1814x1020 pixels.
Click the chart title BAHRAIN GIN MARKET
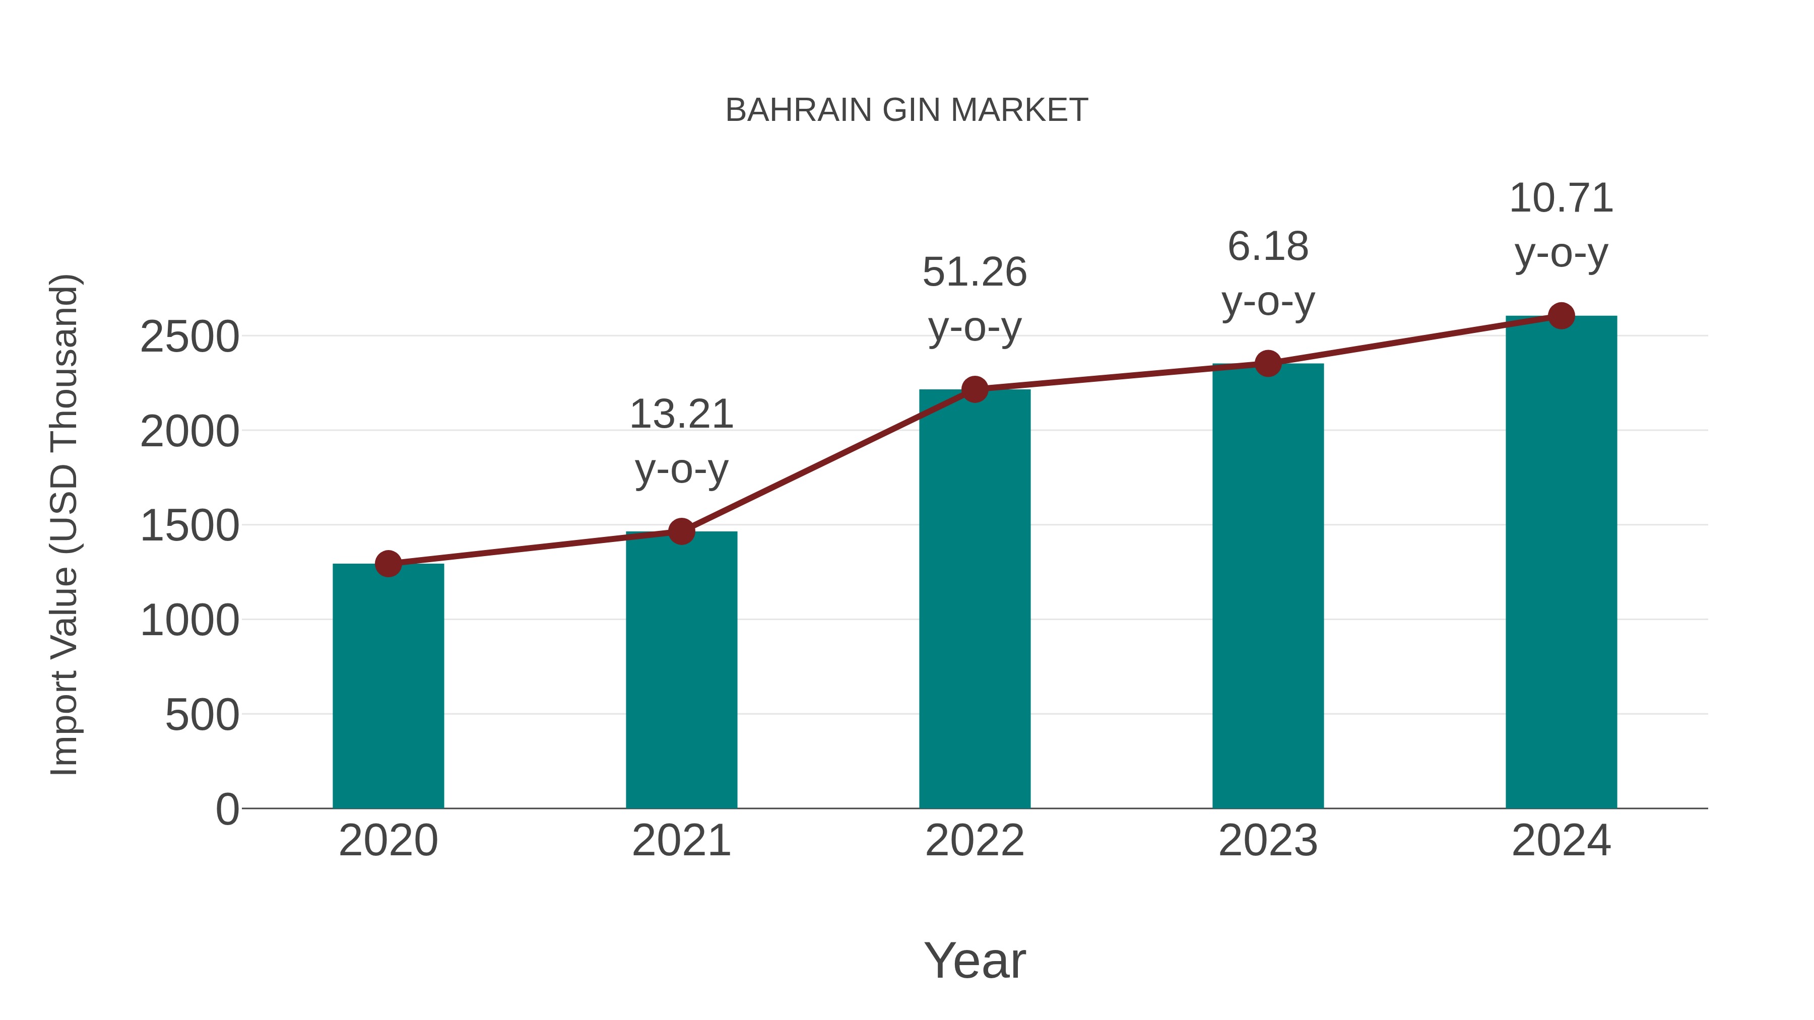click(906, 110)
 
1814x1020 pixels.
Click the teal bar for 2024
click(1561, 563)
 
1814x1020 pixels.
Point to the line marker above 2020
click(388, 563)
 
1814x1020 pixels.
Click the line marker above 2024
click(1561, 315)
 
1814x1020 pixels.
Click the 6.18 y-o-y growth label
click(1268, 275)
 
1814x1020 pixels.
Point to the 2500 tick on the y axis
click(189, 336)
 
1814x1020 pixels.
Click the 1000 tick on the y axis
click(189, 621)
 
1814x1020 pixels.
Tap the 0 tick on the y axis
click(227, 809)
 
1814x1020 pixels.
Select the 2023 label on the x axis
click(1268, 841)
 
